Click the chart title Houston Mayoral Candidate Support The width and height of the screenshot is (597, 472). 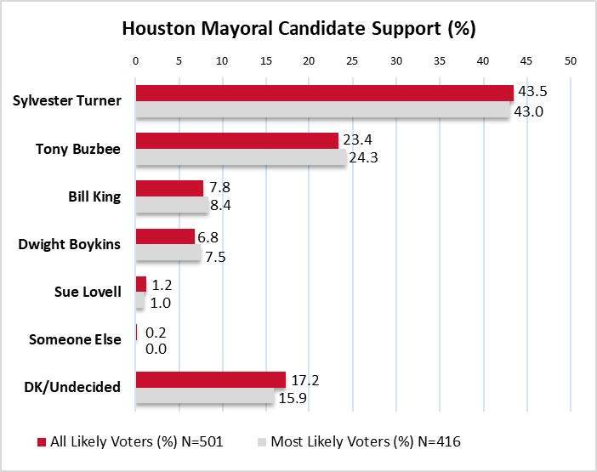click(298, 27)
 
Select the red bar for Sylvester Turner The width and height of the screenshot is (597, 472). click(324, 93)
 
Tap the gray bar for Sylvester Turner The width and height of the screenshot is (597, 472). click(321, 111)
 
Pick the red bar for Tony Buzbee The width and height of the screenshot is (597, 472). click(236, 140)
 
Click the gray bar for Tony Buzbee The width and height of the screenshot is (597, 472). click(241, 158)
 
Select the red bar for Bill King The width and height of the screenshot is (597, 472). click(169, 188)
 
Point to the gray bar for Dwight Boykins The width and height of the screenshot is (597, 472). click(168, 253)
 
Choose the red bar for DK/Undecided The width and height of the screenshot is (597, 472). click(210, 378)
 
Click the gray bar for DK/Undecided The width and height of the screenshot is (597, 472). click(204, 396)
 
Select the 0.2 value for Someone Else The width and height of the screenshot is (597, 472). click(156, 332)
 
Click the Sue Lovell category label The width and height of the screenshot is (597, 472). click(88, 292)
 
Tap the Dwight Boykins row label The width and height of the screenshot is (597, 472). click(70, 244)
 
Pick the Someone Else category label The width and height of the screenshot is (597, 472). click(75, 339)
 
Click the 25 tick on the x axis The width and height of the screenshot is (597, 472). click(352, 61)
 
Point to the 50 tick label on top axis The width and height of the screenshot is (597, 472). click(570, 61)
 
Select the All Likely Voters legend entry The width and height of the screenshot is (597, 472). click(128, 442)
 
